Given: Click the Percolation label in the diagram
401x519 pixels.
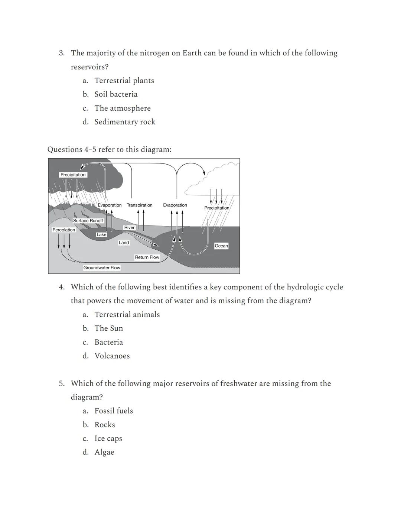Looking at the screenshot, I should [64, 230].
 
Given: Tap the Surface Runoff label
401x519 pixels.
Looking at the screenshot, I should [88, 221].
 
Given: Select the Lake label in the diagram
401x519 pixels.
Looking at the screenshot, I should [101, 235].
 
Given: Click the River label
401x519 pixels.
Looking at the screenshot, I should [129, 228].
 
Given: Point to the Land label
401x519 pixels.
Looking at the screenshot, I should [124, 243].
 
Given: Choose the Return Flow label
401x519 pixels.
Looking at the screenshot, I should [147, 257].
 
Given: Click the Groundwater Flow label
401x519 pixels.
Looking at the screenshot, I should [102, 267].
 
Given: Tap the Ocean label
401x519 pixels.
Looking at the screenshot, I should [221, 246].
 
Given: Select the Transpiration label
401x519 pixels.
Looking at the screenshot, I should [140, 205].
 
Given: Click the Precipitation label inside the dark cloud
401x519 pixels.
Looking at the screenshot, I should [73, 175].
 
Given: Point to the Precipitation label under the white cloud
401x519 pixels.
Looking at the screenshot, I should [217, 208].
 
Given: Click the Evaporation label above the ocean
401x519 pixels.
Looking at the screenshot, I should [175, 205].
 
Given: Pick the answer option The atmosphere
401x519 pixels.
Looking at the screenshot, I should [122, 108].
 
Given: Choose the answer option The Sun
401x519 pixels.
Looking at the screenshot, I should [108, 328].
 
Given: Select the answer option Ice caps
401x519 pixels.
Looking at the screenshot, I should [108, 438].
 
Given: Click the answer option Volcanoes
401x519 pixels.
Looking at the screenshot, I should [112, 356].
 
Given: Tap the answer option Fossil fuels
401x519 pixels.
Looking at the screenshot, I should [114, 411].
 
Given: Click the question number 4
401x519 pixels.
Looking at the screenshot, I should [62, 287].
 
